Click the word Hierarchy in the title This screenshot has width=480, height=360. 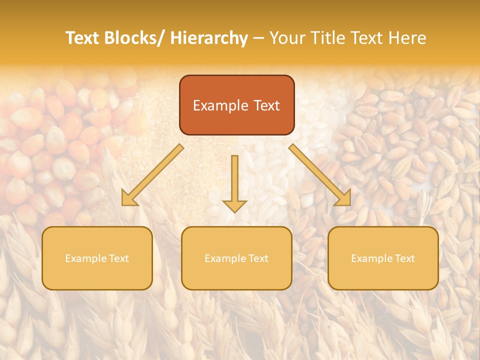coord(208,38)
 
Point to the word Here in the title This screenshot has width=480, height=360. coord(406,38)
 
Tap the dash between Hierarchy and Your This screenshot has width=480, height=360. coord(258,38)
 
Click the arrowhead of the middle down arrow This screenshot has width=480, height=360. coord(234,205)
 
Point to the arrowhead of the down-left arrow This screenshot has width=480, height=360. coord(129,199)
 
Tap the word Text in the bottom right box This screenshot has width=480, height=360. coord(404,258)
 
